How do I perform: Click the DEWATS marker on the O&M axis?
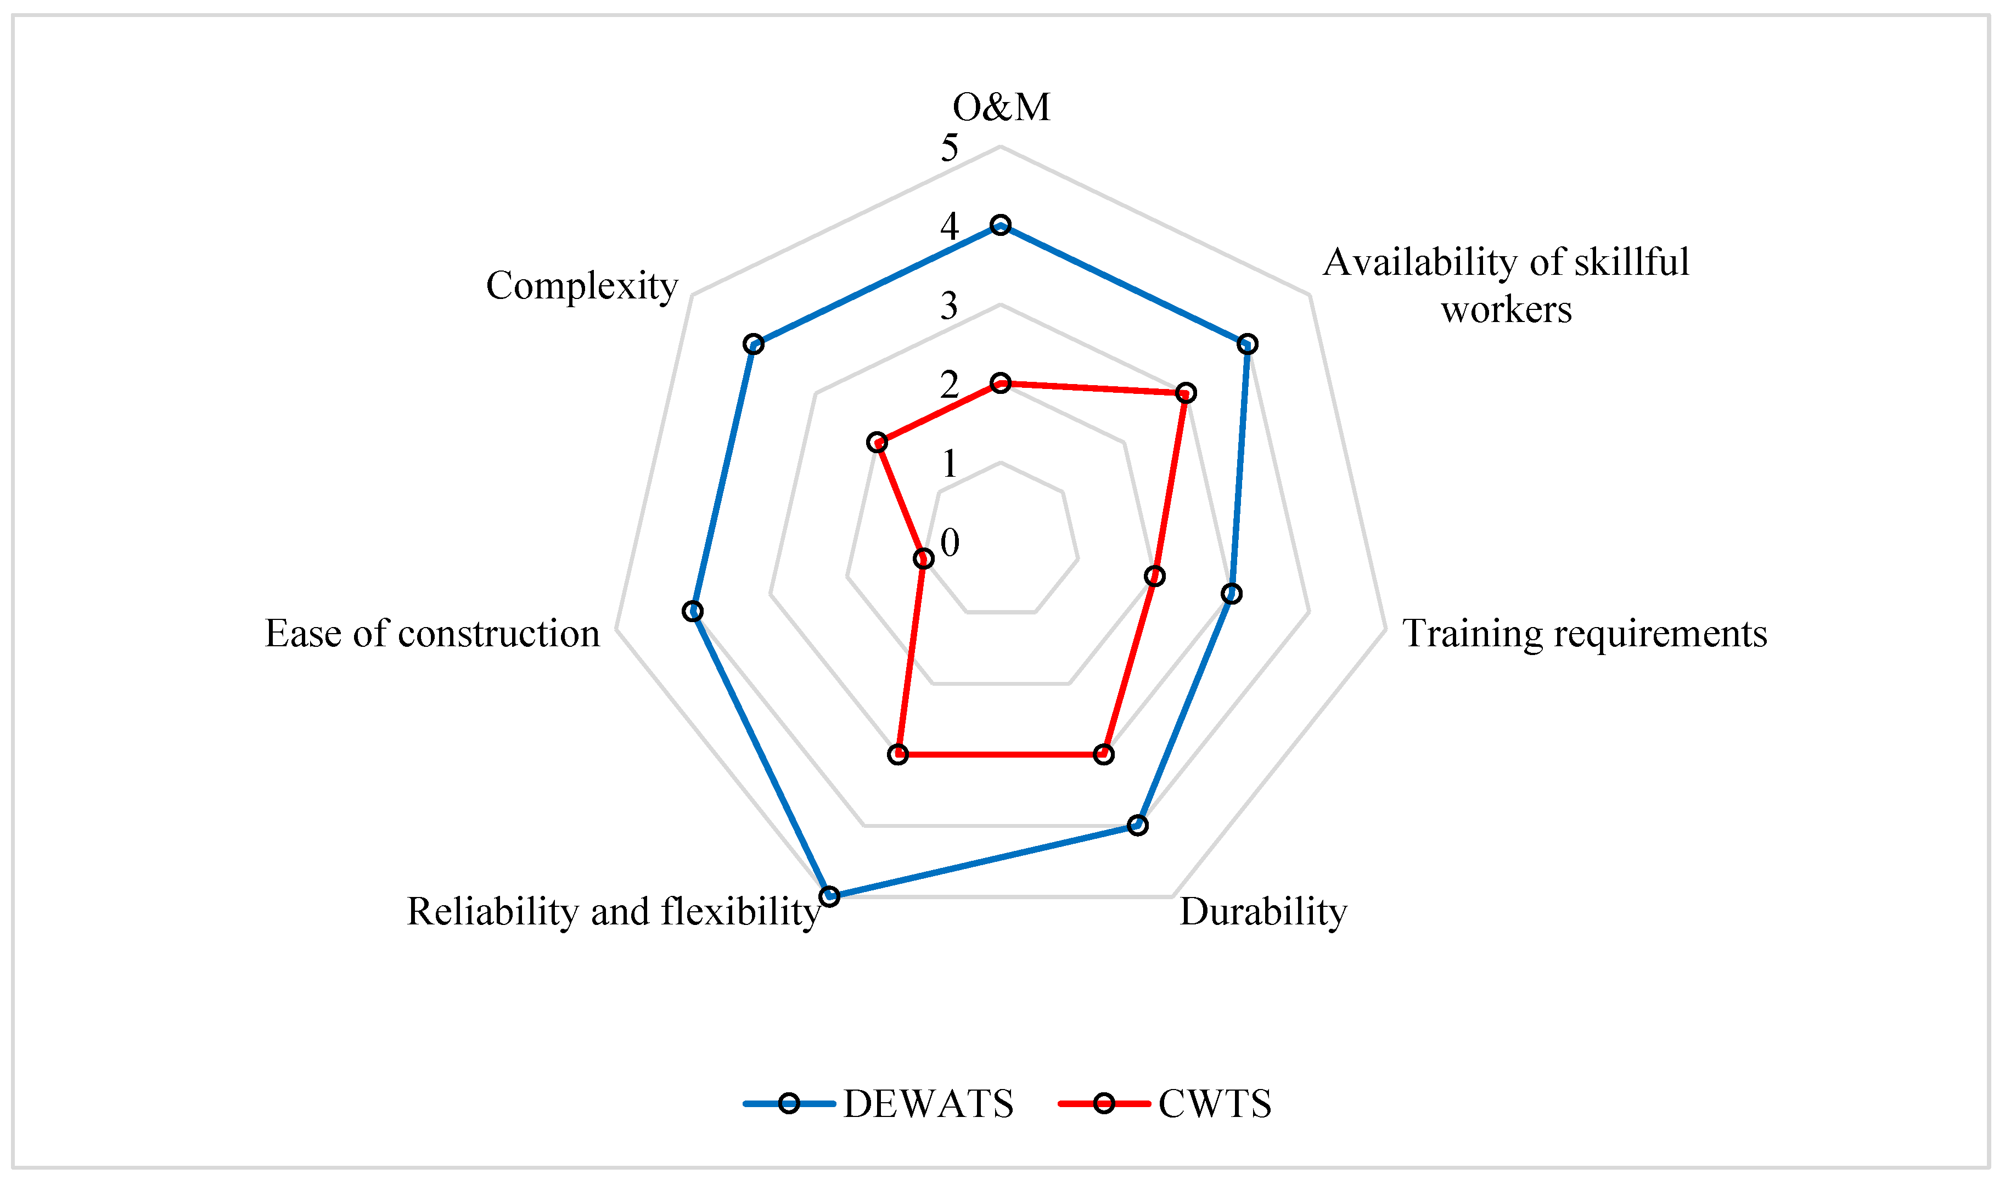point(999,226)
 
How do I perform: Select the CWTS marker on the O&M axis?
point(1000,383)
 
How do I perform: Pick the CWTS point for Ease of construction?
point(923,558)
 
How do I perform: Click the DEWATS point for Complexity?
point(753,344)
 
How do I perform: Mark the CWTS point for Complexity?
point(877,442)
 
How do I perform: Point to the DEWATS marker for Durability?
point(1137,825)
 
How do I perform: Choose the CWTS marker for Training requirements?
point(1154,575)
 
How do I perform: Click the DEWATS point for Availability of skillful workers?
point(1247,344)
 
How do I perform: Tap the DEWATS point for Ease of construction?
point(693,611)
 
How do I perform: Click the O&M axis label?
point(1001,107)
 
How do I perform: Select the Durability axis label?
point(1263,911)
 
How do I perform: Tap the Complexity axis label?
point(582,285)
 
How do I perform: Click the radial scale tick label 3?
point(949,306)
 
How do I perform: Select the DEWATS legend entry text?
point(928,1104)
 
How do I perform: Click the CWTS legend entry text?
point(1214,1104)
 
